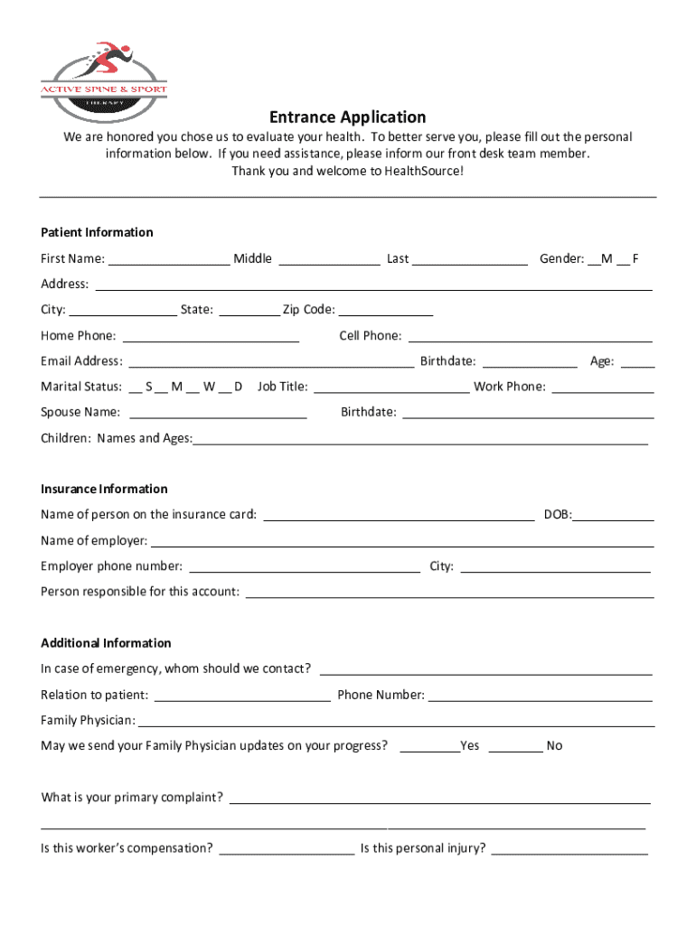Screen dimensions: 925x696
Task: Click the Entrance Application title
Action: (x=347, y=117)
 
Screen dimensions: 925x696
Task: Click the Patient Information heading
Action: (x=97, y=232)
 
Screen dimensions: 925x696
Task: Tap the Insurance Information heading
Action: (x=104, y=489)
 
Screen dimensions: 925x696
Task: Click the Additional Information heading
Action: (x=106, y=643)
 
